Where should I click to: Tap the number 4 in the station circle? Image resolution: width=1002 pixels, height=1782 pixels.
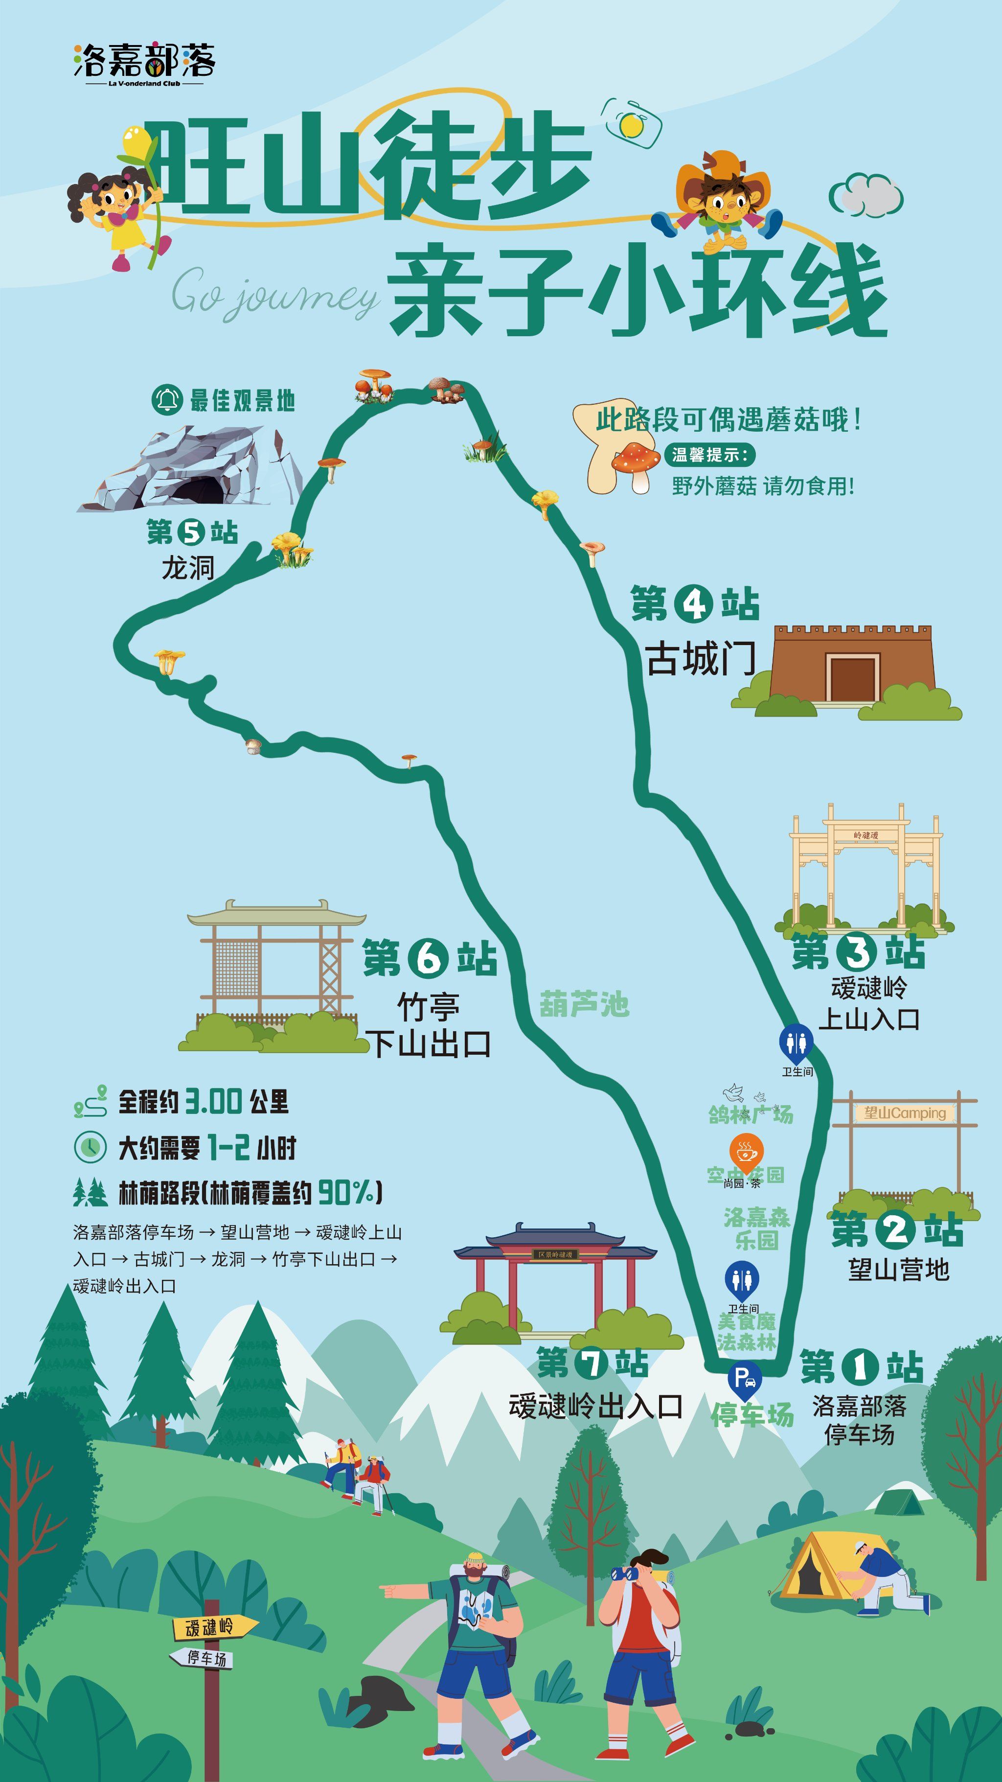tap(694, 604)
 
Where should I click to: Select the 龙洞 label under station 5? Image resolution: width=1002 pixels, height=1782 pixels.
tap(187, 568)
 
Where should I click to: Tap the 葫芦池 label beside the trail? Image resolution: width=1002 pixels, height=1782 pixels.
tap(584, 1004)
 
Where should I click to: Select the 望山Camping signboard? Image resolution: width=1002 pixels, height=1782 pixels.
tap(905, 1113)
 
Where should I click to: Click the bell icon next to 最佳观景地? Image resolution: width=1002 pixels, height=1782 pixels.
tap(167, 400)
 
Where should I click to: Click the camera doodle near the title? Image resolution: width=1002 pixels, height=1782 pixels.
tap(631, 123)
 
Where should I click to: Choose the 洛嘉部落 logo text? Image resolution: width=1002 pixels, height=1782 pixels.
tap(144, 60)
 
